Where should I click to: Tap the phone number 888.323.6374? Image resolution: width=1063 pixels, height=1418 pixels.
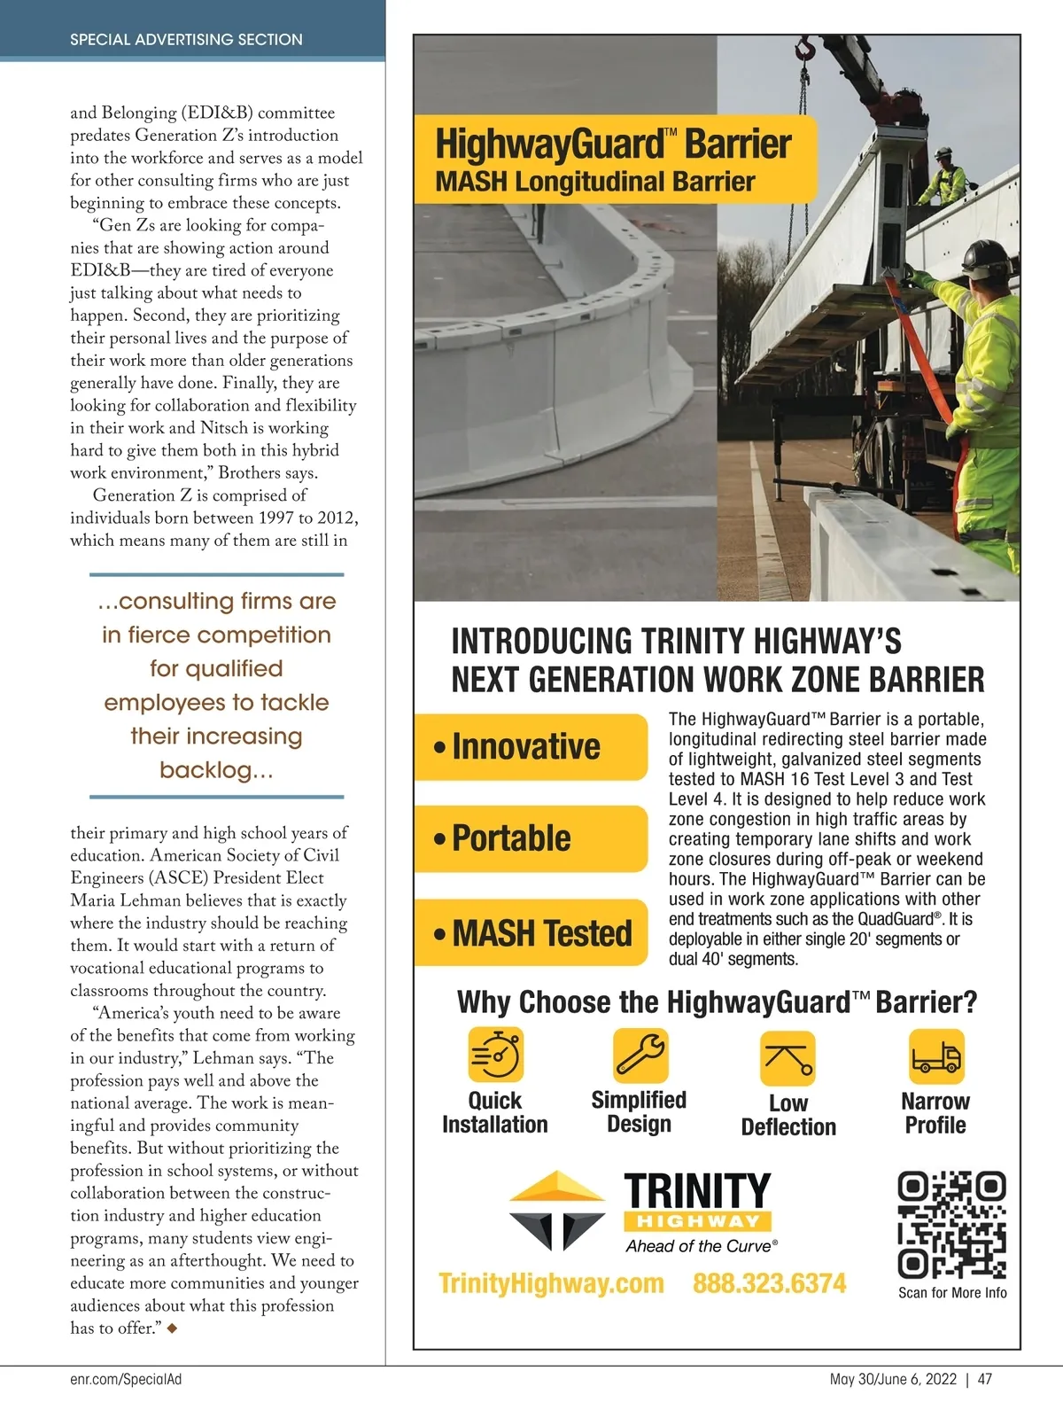769,1283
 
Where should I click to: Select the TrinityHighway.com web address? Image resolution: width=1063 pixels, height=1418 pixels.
551,1283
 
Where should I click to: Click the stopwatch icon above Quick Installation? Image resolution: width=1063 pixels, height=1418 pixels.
495,1055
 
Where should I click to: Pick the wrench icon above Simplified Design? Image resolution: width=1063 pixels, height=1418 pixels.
640,1055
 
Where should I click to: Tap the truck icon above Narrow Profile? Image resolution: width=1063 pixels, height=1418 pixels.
935,1056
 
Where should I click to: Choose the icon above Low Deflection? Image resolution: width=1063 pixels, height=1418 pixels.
788,1058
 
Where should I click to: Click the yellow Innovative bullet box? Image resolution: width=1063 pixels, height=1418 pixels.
531,746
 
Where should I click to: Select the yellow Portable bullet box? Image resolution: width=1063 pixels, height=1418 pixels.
531,838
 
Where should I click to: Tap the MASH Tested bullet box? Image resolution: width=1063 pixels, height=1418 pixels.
531,932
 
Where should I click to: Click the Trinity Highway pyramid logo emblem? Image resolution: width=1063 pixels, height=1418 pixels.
558,1210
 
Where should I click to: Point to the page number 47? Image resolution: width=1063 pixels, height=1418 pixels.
984,1379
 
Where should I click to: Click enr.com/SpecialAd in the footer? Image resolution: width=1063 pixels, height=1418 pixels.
126,1379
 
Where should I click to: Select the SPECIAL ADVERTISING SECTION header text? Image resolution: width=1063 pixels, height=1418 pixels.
186,39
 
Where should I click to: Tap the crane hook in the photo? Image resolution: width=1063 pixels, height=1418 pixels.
806,50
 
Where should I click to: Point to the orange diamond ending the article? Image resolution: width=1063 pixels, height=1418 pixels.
172,1328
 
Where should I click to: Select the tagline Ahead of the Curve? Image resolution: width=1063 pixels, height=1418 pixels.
701,1246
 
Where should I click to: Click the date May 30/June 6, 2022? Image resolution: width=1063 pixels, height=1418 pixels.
893,1379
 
